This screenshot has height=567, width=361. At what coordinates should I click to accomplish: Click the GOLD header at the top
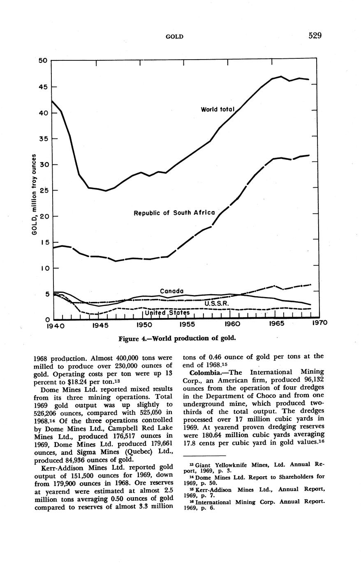click(174, 37)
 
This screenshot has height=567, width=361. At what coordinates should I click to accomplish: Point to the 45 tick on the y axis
click(43, 87)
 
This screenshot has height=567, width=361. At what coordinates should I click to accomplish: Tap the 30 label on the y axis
click(43, 165)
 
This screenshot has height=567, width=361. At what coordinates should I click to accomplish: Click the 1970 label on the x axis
click(319, 323)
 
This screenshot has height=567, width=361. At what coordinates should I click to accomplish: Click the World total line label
click(217, 110)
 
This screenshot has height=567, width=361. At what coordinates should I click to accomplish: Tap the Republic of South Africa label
click(174, 213)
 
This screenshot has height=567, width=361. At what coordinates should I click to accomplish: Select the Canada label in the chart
click(171, 291)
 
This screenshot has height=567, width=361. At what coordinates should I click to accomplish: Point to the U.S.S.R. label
click(216, 304)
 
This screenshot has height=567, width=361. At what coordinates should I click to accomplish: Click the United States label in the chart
click(167, 313)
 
